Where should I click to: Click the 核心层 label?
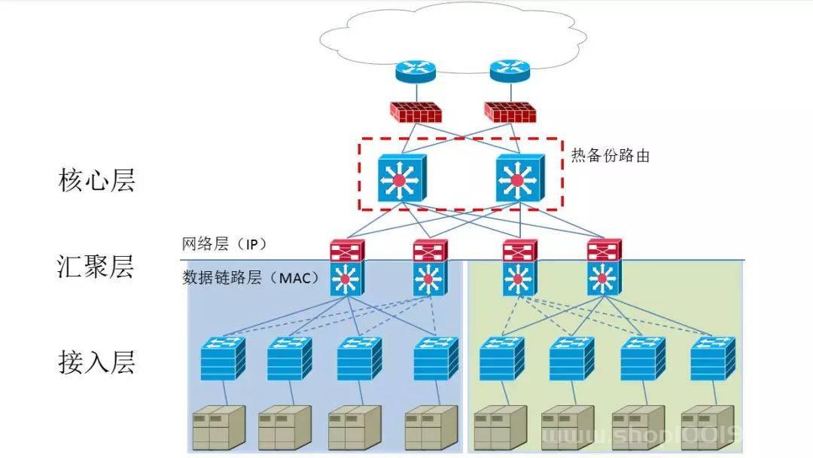pyautogui.click(x=96, y=181)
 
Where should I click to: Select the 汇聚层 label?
pyautogui.click(x=96, y=267)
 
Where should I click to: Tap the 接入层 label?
pyautogui.click(x=96, y=362)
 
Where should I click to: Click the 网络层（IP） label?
pyautogui.click(x=224, y=245)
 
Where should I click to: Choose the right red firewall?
pyautogui.click(x=510, y=111)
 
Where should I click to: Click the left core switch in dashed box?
pyautogui.click(x=401, y=179)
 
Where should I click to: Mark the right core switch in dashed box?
pyautogui.click(x=516, y=179)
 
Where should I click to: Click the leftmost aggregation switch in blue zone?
pyautogui.click(x=346, y=269)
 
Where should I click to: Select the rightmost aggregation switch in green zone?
pyautogui.click(x=603, y=269)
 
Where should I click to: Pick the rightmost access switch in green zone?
pyautogui.click(x=712, y=359)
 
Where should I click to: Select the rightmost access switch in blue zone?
pyautogui.click(x=435, y=359)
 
